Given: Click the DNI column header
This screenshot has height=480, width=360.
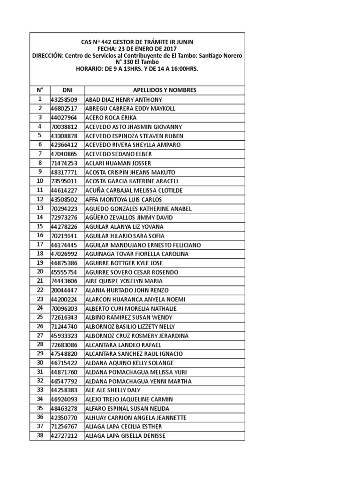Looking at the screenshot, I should (67, 90).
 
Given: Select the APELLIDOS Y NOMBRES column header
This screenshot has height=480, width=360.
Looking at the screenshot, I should (165, 90).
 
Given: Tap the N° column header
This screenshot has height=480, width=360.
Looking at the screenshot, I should (40, 90).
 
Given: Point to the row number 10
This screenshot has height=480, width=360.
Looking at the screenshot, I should (40, 181).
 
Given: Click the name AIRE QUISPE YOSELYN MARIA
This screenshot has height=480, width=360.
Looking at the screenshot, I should (124, 281).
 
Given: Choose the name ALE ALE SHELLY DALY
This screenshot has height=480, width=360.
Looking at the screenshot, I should (113, 390).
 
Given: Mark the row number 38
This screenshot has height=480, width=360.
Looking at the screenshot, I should (40, 435).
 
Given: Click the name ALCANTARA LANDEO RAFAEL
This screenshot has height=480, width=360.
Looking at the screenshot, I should (120, 345).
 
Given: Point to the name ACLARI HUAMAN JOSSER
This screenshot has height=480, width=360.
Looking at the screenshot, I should (118, 163).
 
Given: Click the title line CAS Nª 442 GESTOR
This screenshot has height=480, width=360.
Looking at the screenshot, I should (137, 42).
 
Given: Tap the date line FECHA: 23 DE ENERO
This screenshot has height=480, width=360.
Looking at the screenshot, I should (137, 49).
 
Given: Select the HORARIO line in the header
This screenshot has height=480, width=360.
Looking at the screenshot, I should (137, 68).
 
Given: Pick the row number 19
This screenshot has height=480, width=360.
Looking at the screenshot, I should (40, 263).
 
